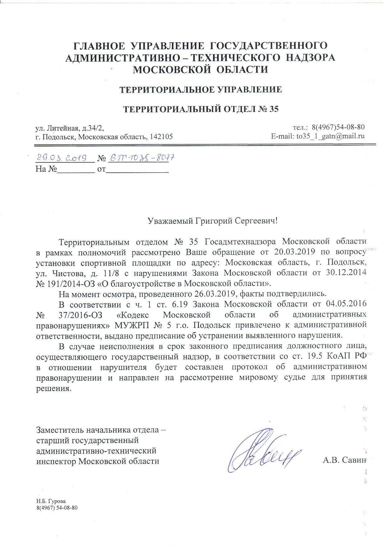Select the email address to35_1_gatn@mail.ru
pos(331,136)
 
